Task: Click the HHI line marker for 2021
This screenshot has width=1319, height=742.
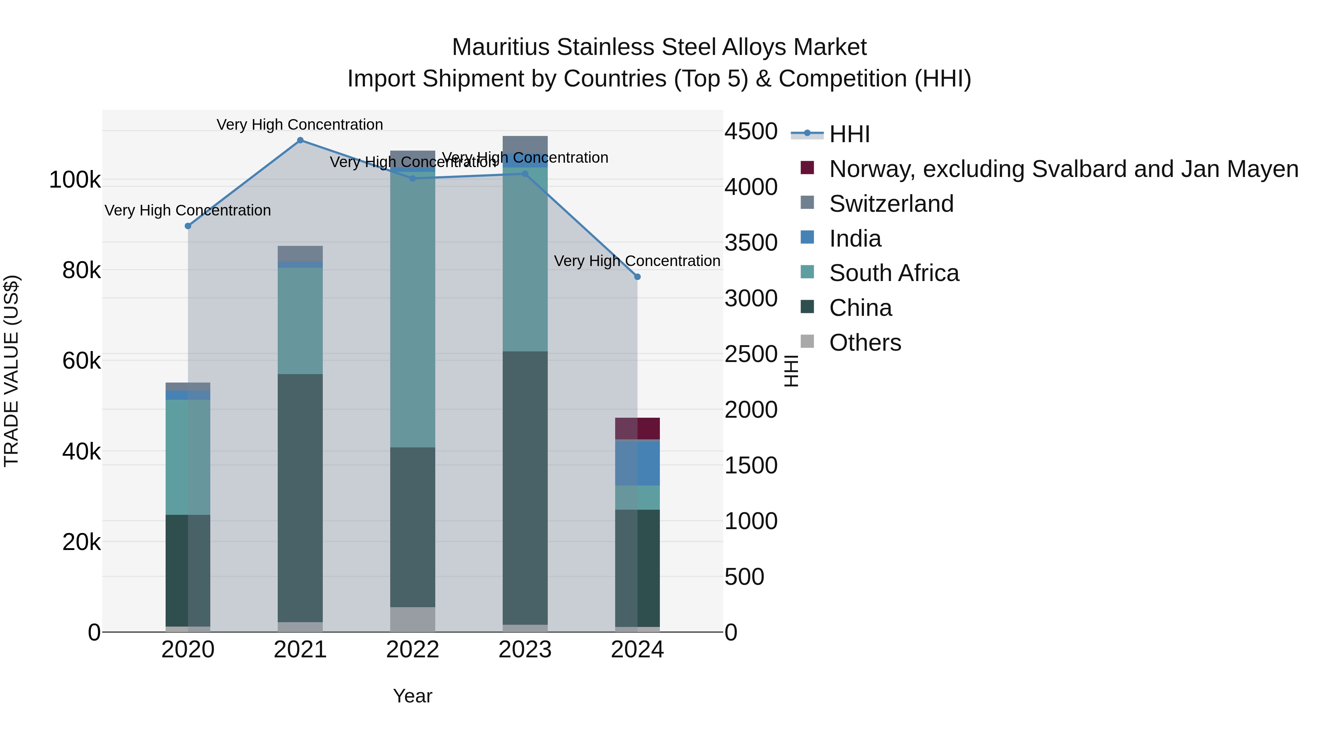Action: tap(300, 140)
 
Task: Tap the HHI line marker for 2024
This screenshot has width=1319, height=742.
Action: tap(637, 277)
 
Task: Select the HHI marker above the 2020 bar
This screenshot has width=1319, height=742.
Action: tap(188, 226)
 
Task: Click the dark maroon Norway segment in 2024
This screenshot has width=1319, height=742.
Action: tap(637, 429)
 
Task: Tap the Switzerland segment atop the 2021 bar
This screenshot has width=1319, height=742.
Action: tap(300, 254)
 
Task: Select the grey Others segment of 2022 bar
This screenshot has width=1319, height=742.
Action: tap(412, 619)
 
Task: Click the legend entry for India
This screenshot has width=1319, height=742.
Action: tap(855, 239)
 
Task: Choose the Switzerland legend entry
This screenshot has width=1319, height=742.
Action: tap(891, 204)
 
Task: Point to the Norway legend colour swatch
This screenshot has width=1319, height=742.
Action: tap(807, 168)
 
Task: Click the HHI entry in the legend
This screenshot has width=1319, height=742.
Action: tap(849, 134)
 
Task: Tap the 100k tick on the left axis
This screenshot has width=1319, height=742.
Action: tap(75, 180)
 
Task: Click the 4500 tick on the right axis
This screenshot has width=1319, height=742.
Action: tap(751, 132)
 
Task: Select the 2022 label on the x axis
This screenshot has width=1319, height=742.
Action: tap(412, 650)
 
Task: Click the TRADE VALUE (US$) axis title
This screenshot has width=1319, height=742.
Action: tap(11, 371)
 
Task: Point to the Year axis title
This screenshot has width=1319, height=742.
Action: tap(412, 696)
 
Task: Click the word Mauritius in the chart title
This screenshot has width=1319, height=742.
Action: tap(501, 48)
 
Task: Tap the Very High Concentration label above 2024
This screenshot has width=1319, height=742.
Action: tap(637, 261)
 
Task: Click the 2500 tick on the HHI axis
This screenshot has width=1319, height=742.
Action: tap(751, 354)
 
